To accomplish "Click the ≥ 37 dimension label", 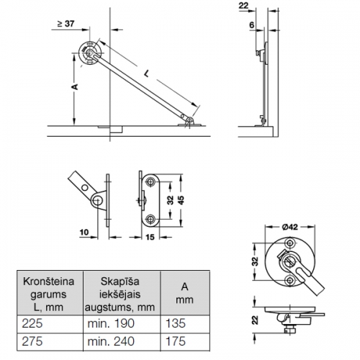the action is click(x=66, y=24).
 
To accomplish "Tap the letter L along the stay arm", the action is click(x=147, y=73).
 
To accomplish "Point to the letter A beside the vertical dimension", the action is click(x=75, y=86).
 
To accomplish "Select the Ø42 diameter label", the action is click(x=290, y=227).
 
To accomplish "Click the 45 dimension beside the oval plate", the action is click(x=181, y=200).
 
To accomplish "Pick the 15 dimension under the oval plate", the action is click(x=150, y=237).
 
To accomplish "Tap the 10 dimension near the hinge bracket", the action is click(x=84, y=233).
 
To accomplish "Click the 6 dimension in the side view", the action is click(x=251, y=24).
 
